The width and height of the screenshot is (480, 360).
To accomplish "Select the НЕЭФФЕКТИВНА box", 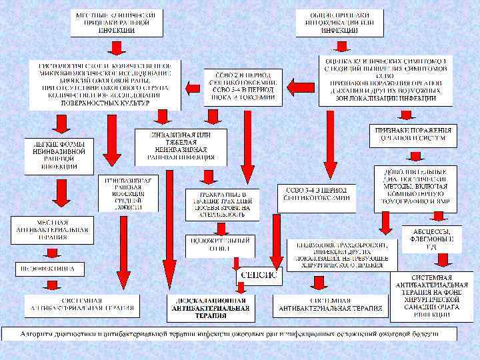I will pyautogui.click(x=49, y=269).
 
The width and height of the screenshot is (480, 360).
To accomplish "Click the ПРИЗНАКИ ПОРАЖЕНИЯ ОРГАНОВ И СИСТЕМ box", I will pyautogui.click(x=414, y=135).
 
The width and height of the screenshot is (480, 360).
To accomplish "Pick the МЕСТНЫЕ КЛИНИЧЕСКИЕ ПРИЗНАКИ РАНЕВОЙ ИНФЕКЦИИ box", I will pyautogui.click(x=118, y=21).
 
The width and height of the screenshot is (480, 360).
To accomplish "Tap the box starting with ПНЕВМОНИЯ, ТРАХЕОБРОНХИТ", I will pyautogui.click(x=342, y=254).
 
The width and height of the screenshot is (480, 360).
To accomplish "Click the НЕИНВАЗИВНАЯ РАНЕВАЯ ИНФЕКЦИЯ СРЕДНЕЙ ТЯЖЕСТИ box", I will pyautogui.click(x=129, y=194).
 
